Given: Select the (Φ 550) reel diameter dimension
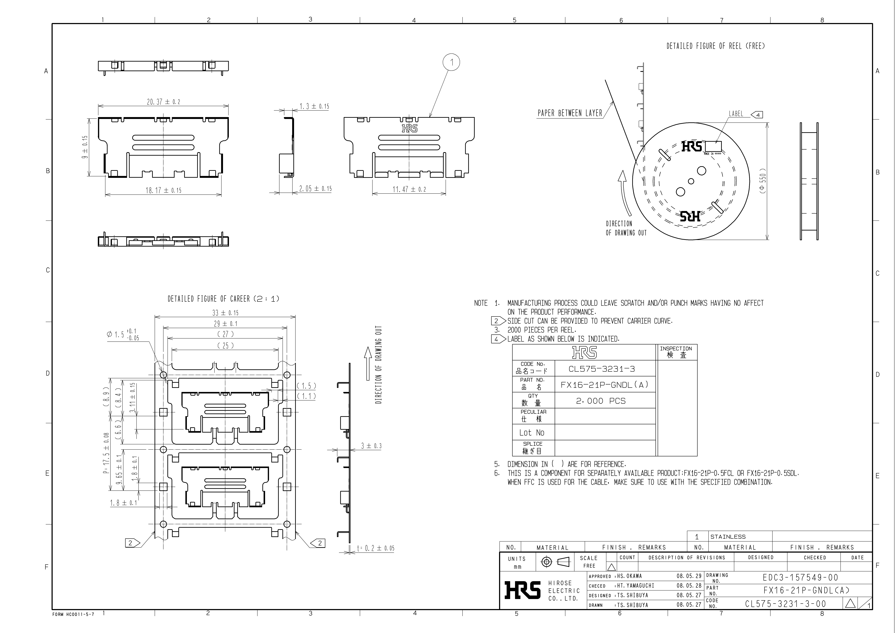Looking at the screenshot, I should point(763,180).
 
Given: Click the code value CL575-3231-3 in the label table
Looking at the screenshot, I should point(601,369).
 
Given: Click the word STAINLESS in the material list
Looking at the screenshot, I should point(728,537).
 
